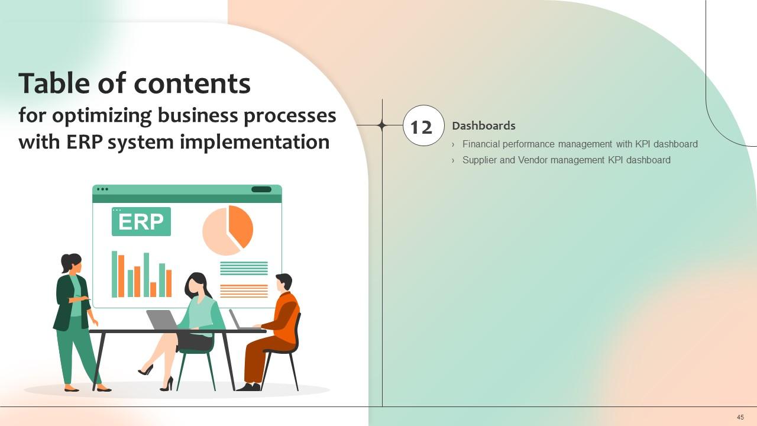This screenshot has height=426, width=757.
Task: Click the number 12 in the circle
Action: coord(422,127)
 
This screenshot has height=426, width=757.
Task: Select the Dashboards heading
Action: coord(483,125)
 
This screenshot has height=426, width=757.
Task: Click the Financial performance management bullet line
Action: coord(580,144)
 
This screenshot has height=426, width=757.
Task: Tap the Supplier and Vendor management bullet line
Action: coord(566,160)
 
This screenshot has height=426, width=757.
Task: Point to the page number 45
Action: coord(740,417)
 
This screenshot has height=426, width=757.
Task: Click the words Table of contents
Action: coord(135,83)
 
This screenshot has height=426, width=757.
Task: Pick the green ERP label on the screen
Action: coord(141,222)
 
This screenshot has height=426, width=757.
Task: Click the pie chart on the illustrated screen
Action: coord(227,230)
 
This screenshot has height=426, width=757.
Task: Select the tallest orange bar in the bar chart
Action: coord(121,275)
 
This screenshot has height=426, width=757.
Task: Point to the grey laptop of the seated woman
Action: coord(161,320)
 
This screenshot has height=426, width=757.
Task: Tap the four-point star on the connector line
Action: coord(382,125)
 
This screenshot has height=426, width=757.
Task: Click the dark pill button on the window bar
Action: coord(261,189)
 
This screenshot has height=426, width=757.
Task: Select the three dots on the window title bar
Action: coord(102,189)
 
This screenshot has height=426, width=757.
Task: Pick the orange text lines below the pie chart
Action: coord(244,291)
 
